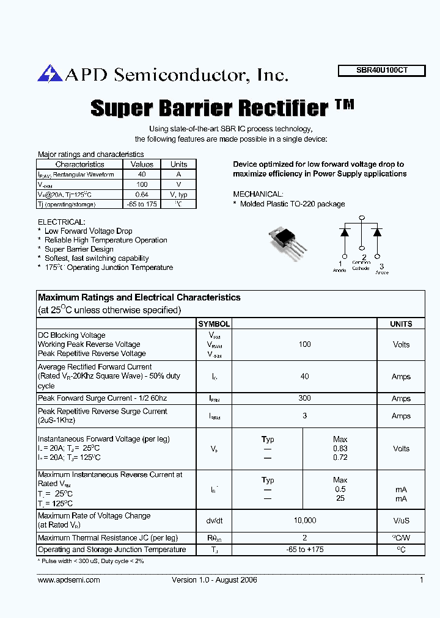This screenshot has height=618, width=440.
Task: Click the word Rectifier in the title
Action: point(282,108)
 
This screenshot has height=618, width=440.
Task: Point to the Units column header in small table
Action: point(178,164)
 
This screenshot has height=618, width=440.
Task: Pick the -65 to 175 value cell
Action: point(142,205)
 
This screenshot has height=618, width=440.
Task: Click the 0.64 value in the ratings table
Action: point(142,194)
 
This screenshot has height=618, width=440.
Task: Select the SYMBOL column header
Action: point(214,324)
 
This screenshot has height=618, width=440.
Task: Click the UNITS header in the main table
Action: point(401,324)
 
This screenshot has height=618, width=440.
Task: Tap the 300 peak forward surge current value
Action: point(304,398)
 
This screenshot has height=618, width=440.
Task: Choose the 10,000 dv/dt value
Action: point(304,520)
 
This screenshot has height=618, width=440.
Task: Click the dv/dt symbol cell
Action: point(214,520)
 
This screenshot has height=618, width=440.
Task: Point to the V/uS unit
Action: point(401,520)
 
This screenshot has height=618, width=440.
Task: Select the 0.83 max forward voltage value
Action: point(340,449)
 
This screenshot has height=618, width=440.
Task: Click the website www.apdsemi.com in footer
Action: point(68,580)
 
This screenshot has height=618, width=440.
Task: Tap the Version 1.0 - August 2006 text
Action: point(214,580)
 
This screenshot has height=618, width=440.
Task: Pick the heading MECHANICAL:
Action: point(258,194)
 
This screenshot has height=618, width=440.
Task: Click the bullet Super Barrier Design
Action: point(79,249)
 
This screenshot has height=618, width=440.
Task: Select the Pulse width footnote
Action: point(91,560)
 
